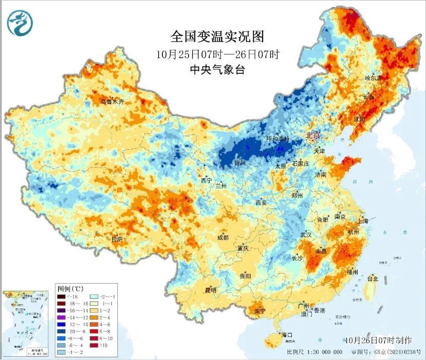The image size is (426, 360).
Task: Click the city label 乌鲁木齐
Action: click(x=112, y=102)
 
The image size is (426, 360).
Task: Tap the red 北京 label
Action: click(x=312, y=136)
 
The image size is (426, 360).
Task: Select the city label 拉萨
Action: click(x=117, y=239)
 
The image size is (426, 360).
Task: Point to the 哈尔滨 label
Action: click(x=373, y=78)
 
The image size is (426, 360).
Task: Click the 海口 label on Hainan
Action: click(x=287, y=335)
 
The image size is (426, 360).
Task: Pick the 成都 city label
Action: click(x=222, y=237)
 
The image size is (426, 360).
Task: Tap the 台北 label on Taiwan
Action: click(x=372, y=279)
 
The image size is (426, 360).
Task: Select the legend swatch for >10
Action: click(x=94, y=345)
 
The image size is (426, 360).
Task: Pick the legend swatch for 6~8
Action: click(x=94, y=331)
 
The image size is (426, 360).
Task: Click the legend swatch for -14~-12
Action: click(x=61, y=317)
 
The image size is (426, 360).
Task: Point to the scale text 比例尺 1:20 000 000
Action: click(x=314, y=352)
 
